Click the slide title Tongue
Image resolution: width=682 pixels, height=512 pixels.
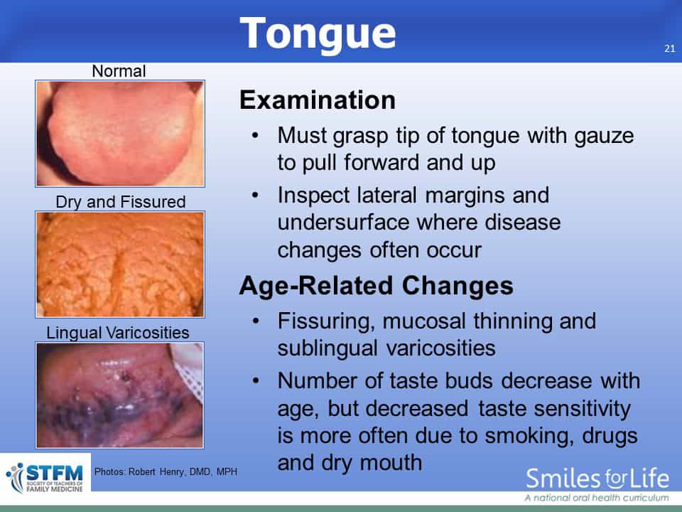click(318, 34)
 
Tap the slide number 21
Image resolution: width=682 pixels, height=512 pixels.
click(670, 49)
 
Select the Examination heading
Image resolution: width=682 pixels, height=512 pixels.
click(318, 100)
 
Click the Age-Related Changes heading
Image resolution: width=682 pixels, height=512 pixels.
click(377, 286)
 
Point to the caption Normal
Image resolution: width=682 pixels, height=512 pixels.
click(119, 71)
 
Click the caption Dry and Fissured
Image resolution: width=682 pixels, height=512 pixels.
click(121, 201)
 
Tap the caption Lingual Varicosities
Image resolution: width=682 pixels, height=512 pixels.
click(117, 333)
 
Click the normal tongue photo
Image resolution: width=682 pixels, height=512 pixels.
click(120, 134)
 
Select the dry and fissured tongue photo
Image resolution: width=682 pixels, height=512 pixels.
click(120, 265)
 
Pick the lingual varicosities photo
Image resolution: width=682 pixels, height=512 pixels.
click(119, 395)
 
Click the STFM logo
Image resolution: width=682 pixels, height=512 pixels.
click(45, 478)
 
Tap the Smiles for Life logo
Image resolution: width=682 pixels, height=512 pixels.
click(597, 484)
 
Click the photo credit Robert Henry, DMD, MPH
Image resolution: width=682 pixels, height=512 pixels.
click(166, 471)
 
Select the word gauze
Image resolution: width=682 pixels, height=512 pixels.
click(604, 137)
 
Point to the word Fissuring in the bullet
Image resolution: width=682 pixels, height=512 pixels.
click(326, 321)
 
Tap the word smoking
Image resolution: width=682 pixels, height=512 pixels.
click(529, 436)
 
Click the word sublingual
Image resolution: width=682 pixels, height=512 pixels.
click(327, 348)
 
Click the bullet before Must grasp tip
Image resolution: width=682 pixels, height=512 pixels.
click(255, 135)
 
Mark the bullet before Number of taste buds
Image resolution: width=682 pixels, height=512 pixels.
click(255, 381)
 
